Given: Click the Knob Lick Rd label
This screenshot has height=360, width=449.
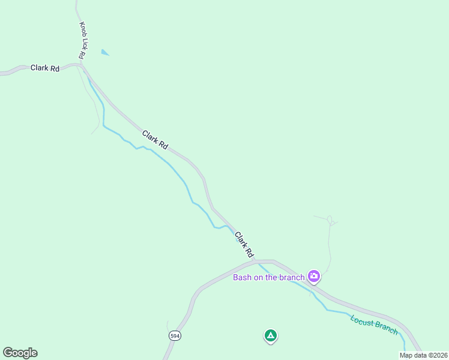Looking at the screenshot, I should click(x=82, y=40).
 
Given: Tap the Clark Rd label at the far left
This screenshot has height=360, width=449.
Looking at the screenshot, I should click(x=45, y=68).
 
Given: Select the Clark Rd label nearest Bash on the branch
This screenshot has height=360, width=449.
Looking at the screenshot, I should click(x=245, y=243).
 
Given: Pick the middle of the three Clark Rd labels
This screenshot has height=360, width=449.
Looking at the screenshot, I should click(x=155, y=140).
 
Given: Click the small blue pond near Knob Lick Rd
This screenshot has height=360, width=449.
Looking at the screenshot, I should click(x=105, y=53).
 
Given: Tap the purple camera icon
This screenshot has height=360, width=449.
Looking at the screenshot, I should click(x=313, y=276).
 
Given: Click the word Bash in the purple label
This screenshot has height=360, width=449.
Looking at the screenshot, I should click(x=242, y=277).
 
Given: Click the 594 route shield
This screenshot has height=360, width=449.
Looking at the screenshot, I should click(x=175, y=336).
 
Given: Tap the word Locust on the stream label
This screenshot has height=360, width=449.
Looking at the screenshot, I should click(x=361, y=320).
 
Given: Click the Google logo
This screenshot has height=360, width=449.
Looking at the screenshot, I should click(x=20, y=353).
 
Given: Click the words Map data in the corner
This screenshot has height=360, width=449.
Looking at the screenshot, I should click(x=412, y=355).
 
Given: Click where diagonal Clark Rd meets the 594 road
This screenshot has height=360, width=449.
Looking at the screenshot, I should click(x=257, y=261).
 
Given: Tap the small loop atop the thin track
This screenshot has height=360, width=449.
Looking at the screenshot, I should click(x=330, y=219).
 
